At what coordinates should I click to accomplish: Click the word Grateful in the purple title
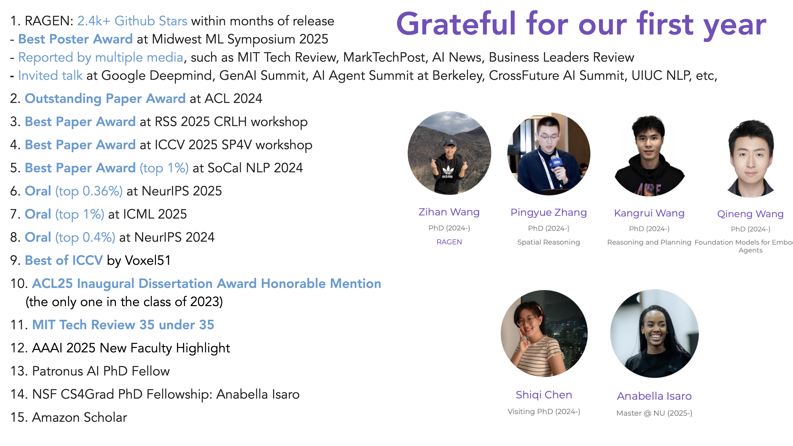click(456, 24)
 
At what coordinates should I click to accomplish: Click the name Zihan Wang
click(449, 212)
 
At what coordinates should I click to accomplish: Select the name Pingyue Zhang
click(548, 212)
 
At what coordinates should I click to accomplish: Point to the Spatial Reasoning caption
click(548, 242)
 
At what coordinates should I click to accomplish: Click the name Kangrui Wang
click(649, 213)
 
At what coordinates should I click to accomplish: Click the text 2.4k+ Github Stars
click(132, 21)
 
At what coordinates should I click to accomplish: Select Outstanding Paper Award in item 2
click(105, 98)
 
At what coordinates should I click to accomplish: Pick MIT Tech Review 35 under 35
click(123, 325)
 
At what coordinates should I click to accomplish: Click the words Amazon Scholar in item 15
click(80, 417)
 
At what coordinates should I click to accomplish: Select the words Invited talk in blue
click(50, 75)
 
